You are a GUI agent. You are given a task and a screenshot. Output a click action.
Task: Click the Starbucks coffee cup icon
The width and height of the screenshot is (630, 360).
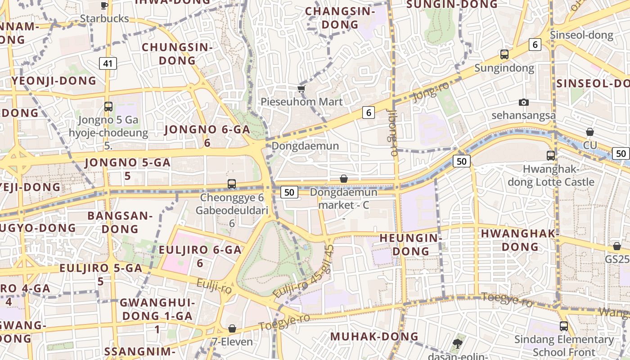click(104, 5)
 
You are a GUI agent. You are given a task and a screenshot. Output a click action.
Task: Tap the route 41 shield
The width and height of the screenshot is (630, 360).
click(108, 63)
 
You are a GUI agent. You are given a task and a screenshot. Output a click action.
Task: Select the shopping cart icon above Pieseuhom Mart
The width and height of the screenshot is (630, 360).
click(301, 89)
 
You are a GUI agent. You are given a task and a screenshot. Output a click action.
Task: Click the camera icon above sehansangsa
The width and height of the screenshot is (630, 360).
click(523, 103)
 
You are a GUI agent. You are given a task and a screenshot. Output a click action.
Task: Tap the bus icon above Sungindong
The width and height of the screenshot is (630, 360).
click(504, 55)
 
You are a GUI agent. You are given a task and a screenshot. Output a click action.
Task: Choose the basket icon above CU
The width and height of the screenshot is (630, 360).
click(589, 132)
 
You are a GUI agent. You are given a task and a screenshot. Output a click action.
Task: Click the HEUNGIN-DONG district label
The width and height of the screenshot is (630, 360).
click(409, 244)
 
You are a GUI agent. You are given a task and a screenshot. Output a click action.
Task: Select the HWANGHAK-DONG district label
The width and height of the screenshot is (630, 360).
click(520, 240)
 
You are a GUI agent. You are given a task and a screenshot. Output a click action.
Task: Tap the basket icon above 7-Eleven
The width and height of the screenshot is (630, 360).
click(232, 329)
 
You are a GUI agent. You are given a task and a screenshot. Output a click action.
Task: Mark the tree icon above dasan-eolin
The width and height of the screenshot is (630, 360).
click(458, 344)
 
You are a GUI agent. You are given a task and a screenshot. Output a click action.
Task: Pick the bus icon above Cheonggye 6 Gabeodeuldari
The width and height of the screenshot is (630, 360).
click(232, 184)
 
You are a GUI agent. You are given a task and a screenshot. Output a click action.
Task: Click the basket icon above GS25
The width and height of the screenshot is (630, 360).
click(616, 246)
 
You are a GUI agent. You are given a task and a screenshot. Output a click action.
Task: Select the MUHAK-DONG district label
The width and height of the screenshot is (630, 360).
click(374, 337)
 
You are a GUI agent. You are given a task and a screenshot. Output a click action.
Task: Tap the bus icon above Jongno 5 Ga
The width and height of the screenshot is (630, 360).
click(108, 107)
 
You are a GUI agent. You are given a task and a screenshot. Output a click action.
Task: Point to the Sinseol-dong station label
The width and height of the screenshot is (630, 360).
click(581, 35)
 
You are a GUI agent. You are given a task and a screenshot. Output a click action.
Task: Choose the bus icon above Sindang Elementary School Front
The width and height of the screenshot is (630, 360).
click(564, 326)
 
